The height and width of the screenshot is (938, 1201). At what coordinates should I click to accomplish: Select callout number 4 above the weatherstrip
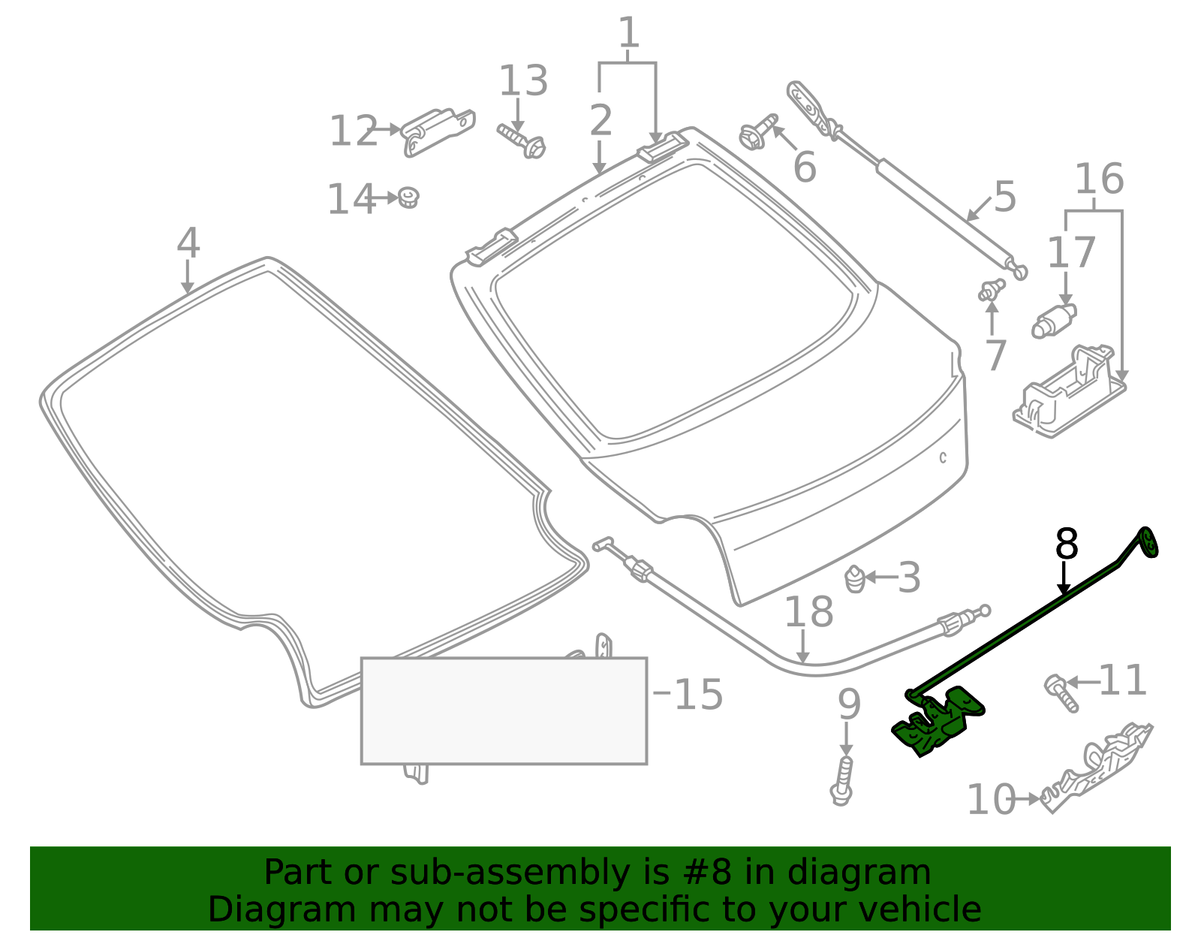(x=188, y=243)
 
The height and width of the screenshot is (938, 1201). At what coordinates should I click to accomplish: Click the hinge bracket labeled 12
(x=438, y=131)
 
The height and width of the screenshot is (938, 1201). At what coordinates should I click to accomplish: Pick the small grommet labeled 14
(x=408, y=198)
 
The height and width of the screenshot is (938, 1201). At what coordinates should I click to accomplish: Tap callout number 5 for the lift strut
(x=1004, y=197)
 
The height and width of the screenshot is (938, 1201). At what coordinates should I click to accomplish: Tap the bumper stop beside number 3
(x=856, y=578)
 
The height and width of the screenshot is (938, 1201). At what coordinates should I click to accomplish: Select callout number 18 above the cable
(x=808, y=611)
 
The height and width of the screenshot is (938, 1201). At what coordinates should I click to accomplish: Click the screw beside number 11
(x=1061, y=692)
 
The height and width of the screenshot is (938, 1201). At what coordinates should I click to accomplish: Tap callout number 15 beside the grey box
(x=698, y=694)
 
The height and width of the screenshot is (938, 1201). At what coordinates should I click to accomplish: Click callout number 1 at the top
(x=629, y=34)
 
